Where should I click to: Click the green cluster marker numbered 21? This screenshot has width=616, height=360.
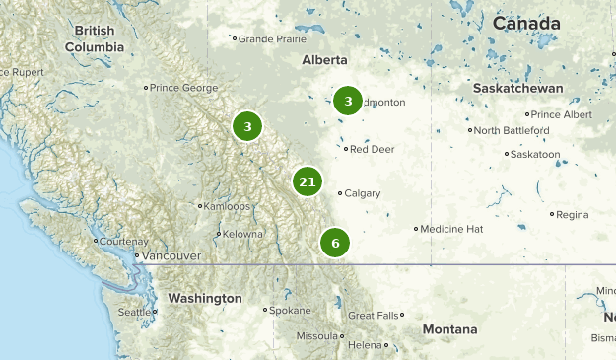[x=308, y=181]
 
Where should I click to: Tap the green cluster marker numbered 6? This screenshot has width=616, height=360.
[x=335, y=243]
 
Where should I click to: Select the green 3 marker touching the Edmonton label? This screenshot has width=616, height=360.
[x=347, y=101]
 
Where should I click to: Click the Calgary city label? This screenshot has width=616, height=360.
[x=363, y=193]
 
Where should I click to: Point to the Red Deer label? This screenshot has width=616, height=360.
[x=372, y=149]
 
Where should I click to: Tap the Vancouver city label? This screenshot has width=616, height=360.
[x=171, y=256]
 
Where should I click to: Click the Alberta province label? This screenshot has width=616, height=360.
[x=325, y=59]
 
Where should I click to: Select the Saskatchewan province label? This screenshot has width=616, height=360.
[x=517, y=89]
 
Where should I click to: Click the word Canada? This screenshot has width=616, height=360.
[x=526, y=23]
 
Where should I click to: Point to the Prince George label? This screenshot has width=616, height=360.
[x=183, y=88]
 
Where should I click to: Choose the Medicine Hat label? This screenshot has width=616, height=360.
[x=451, y=229]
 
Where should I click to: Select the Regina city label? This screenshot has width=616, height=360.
[x=572, y=214]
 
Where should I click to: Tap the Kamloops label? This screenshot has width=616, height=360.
[x=228, y=206]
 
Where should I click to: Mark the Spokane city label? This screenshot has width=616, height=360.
[x=291, y=310]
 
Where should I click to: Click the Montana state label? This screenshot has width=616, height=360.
[x=449, y=329]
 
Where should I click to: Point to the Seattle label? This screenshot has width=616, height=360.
[x=135, y=312]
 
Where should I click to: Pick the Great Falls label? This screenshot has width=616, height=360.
[x=375, y=316]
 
